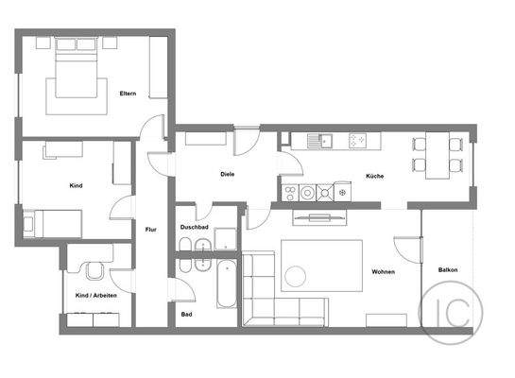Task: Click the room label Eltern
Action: coord(129,94)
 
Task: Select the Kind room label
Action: coord(77,185)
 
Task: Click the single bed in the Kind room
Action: coord(52,223)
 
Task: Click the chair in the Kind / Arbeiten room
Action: coord(95,272)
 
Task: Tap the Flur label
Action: coord(150,230)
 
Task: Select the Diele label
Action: coord(228,174)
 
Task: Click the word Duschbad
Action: coord(194,228)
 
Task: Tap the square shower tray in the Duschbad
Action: coord(225,238)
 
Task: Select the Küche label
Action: coord(374,177)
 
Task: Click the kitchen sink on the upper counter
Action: coord(325,141)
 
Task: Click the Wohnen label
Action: coord(383,272)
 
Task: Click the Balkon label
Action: coord(448,270)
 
